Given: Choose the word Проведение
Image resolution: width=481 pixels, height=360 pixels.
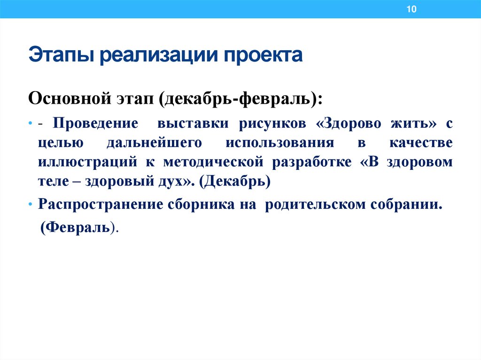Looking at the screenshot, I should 95,123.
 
